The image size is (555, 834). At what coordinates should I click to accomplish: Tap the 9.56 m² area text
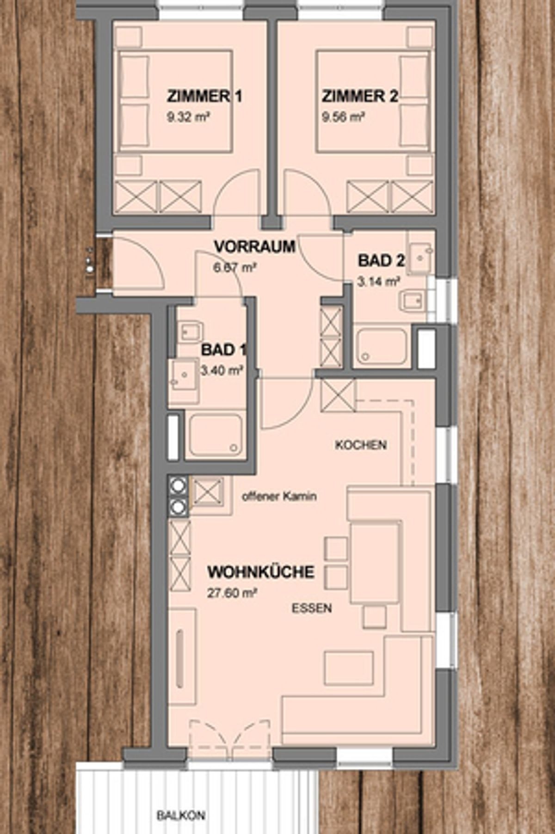pyautogui.click(x=343, y=117)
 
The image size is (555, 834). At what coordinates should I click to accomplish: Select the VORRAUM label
pyautogui.click(x=254, y=246)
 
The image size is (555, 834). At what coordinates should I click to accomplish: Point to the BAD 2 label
pyautogui.click(x=381, y=261)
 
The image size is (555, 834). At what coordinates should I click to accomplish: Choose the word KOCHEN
pyautogui.click(x=361, y=445)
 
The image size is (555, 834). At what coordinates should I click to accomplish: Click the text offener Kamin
pyautogui.click(x=279, y=497)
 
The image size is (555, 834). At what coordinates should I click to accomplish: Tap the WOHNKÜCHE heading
pyautogui.click(x=261, y=572)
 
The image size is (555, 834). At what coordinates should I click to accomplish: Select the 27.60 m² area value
pyautogui.click(x=232, y=593)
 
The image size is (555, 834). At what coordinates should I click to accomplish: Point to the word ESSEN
pyautogui.click(x=312, y=608)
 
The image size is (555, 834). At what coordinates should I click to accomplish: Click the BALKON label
pyautogui.click(x=181, y=816)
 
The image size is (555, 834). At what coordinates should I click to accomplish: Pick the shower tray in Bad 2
pyautogui.click(x=382, y=345)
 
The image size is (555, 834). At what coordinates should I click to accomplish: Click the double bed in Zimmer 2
pyautogui.click(x=373, y=101)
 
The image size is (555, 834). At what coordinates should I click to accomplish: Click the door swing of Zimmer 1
pyautogui.click(x=237, y=194)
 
